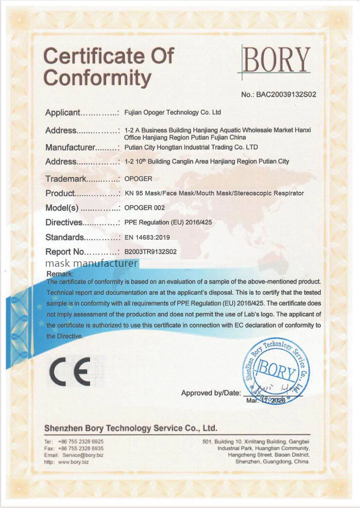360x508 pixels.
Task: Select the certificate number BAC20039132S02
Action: coord(286,94)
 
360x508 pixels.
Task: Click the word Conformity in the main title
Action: coord(98,78)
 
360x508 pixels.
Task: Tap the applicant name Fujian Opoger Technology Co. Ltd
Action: coord(172,112)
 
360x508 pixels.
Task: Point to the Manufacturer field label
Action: coord(70,148)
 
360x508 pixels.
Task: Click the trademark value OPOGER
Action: coord(138,179)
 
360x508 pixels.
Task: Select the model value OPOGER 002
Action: coord(144,208)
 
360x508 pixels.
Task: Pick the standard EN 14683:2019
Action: coord(147,237)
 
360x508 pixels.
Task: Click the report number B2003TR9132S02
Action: coord(150,252)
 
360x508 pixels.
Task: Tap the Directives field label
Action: coord(64,223)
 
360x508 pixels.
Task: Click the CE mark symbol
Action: coord(70,372)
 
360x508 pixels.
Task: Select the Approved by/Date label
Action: coord(211,393)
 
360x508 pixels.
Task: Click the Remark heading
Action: coord(60,274)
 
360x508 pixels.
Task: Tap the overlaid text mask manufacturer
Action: coord(91,263)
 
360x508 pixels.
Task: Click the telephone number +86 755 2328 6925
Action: coord(81,441)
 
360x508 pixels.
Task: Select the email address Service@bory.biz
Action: coord(83,455)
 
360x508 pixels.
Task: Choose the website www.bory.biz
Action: coord(73,462)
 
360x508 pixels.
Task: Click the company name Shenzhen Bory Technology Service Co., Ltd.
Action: coord(131,428)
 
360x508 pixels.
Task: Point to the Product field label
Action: coord(60,193)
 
